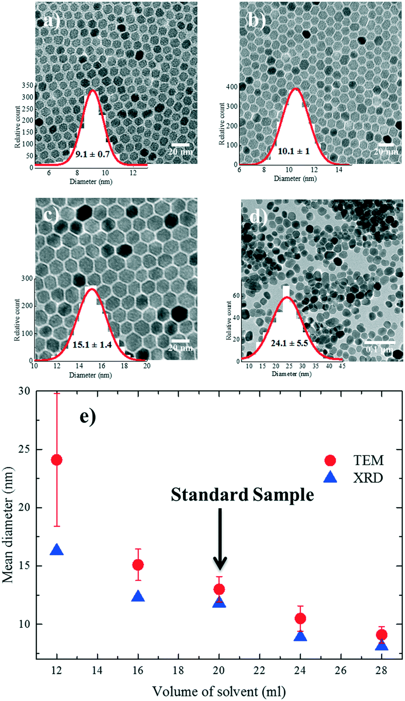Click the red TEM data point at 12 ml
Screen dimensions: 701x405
pyautogui.click(x=57, y=460)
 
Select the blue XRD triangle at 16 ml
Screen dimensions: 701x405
pyautogui.click(x=138, y=597)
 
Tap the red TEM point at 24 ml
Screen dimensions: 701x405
pyautogui.click(x=300, y=618)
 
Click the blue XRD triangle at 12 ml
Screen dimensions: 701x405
pyautogui.click(x=57, y=550)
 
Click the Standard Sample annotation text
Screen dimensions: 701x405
pyautogui.click(x=242, y=495)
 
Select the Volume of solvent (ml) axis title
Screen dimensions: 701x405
pyautogui.click(x=219, y=691)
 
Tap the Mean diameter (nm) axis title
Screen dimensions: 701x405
pyautogui.click(x=8, y=524)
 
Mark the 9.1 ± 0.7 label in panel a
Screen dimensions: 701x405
pyautogui.click(x=92, y=154)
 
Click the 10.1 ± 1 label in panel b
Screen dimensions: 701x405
pyautogui.click(x=293, y=152)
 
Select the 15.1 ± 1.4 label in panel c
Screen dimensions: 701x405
pyautogui.click(x=92, y=345)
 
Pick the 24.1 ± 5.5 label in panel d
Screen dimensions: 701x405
pyautogui.click(x=289, y=343)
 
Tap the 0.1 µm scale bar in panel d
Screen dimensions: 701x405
pyautogui.click(x=379, y=343)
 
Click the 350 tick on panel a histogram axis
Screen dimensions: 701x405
pyautogui.click(x=27, y=86)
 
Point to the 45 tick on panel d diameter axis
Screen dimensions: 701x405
pyautogui.click(x=342, y=366)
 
